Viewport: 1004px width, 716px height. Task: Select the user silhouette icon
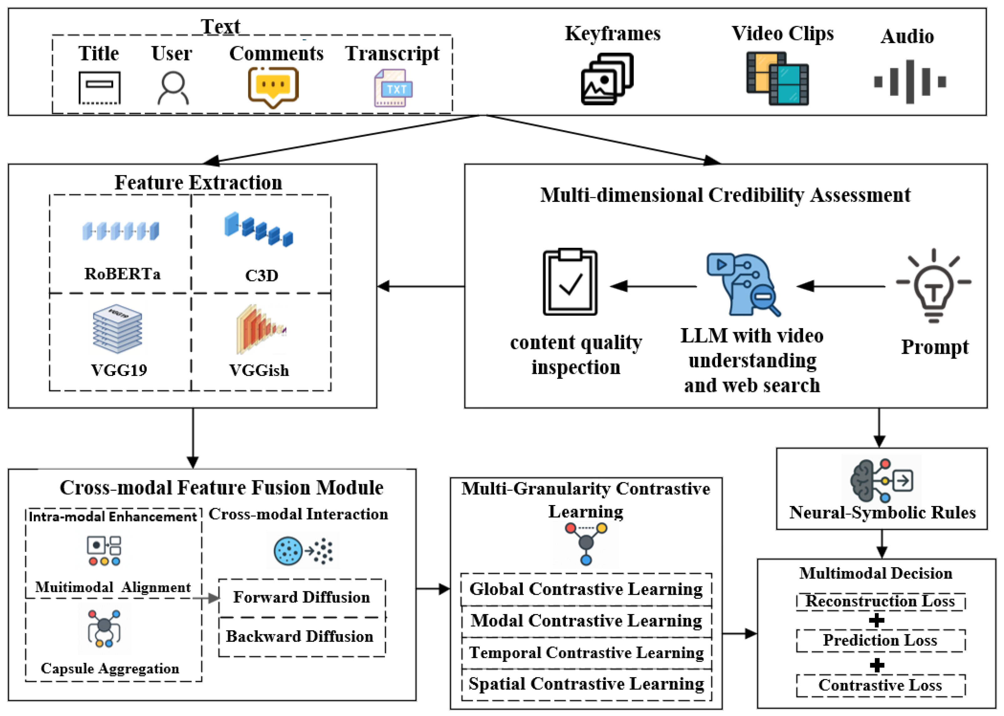tap(173, 88)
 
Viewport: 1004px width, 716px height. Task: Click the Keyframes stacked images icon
tap(607, 79)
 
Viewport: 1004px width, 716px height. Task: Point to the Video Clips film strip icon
tap(777, 78)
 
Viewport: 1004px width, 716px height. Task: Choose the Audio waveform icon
tap(910, 82)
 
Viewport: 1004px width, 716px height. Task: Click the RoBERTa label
tap(122, 274)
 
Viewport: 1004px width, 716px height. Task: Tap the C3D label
tap(262, 276)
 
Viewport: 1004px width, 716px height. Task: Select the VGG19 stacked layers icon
tap(117, 329)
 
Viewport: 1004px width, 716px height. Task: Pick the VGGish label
tap(259, 370)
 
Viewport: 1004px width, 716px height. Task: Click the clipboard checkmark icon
tap(570, 282)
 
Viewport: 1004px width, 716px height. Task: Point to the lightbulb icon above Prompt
tap(933, 285)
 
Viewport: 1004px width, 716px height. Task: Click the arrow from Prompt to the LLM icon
tap(841, 286)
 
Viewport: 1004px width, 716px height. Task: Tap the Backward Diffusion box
tap(302, 637)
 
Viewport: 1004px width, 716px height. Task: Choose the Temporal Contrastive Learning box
tap(586, 653)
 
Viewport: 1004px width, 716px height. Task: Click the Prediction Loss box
tap(880, 640)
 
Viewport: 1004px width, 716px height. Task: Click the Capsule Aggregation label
tap(110, 668)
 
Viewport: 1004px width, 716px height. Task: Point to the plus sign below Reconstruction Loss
tap(876, 620)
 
